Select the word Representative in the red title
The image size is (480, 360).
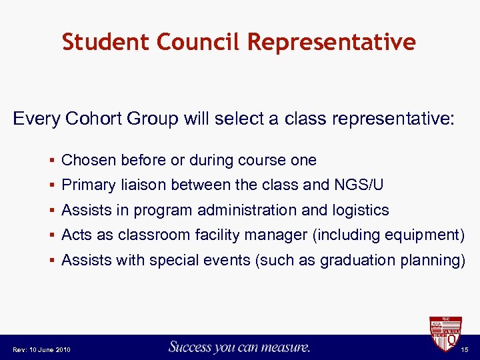(x=332, y=42)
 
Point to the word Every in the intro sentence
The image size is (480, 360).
(x=37, y=119)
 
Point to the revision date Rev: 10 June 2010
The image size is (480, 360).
(x=41, y=350)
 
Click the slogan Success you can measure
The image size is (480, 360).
(x=239, y=347)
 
